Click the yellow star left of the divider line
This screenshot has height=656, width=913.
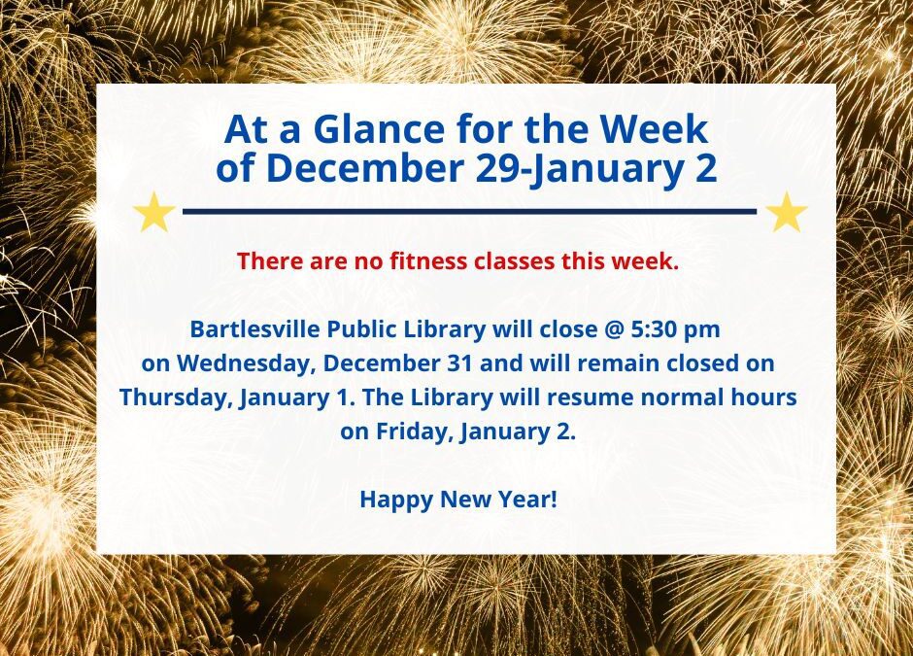[x=153, y=213]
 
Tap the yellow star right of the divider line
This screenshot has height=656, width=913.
[x=787, y=213]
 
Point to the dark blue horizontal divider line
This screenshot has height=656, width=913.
[x=469, y=211]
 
